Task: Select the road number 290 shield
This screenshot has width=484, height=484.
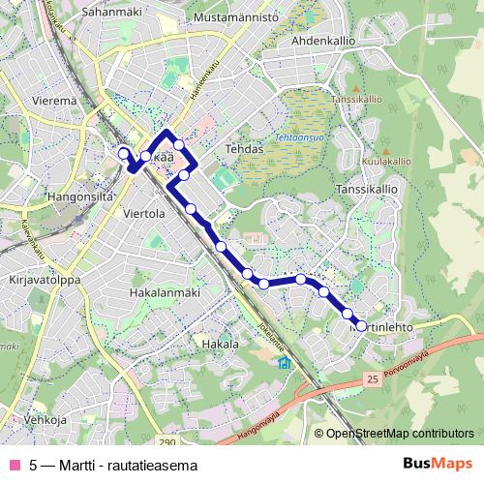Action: (x=166, y=442)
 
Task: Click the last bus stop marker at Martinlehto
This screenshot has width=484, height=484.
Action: (x=361, y=326)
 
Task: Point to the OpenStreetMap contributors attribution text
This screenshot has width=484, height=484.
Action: (x=398, y=435)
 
